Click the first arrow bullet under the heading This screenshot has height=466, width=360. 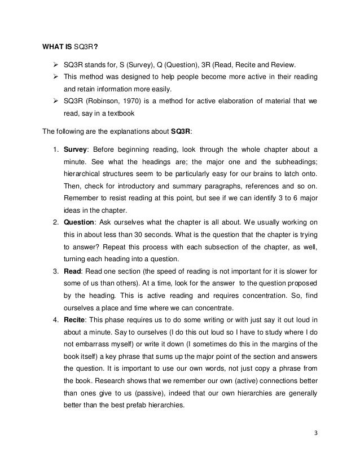(56, 64)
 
